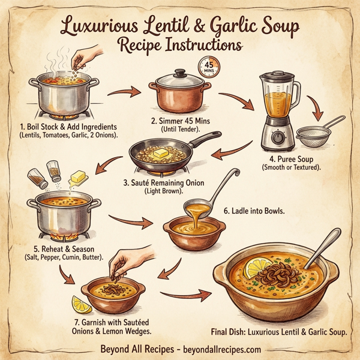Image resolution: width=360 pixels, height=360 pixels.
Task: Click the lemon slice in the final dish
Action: tap(260, 265)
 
